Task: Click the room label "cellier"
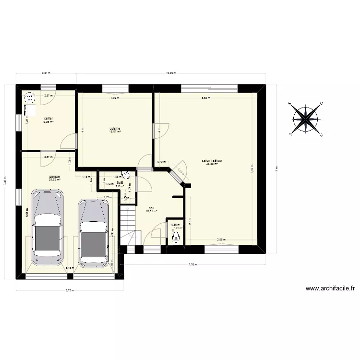[48, 118]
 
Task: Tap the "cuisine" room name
[115, 128]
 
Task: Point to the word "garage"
[54, 176]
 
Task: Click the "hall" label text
[151, 208]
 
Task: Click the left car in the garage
[47, 227]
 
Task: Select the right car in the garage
[94, 233]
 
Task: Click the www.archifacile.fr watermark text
[330, 288]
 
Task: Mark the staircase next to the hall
[129, 228]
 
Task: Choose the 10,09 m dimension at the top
[171, 73]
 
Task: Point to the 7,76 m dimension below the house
[192, 264]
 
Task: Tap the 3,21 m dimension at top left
[46, 73]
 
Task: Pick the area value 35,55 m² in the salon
[212, 164]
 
